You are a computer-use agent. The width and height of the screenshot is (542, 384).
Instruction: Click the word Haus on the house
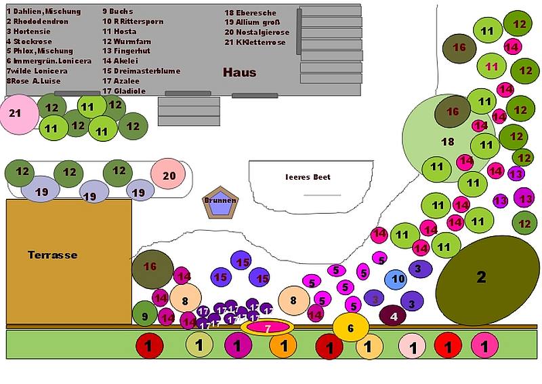click(x=239, y=72)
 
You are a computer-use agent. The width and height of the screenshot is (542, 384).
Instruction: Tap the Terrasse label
click(x=52, y=255)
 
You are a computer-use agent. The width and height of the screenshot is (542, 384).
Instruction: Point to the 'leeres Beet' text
click(x=308, y=177)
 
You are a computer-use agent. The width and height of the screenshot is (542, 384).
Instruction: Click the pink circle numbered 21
click(x=15, y=114)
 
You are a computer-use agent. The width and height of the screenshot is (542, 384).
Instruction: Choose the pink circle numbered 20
click(x=169, y=175)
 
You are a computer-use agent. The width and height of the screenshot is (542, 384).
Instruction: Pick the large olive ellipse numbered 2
click(x=482, y=277)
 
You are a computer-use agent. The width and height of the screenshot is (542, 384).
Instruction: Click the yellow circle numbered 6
click(x=350, y=328)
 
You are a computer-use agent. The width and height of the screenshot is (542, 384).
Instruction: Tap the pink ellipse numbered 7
click(x=267, y=328)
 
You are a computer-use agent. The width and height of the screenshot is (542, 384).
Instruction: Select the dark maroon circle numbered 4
click(x=394, y=315)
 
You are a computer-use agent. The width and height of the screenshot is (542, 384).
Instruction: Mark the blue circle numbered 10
click(x=398, y=279)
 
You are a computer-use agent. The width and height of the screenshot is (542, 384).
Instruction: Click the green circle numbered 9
click(x=144, y=315)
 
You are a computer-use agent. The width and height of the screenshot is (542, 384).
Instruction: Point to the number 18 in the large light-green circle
click(x=447, y=142)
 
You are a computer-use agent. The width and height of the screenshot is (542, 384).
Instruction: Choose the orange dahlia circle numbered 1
click(x=283, y=346)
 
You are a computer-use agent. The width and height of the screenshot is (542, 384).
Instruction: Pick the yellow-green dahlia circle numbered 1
click(x=199, y=345)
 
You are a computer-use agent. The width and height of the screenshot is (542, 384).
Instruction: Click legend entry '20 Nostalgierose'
click(x=257, y=32)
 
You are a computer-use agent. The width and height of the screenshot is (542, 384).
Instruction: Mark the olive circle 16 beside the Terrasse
click(x=150, y=267)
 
